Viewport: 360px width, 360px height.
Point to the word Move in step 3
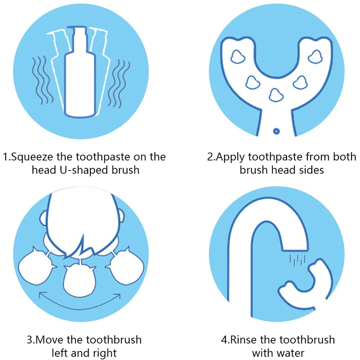tap(49, 340)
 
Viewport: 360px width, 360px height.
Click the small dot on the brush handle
tap(276, 131)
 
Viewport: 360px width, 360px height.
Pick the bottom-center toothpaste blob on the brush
tap(276, 94)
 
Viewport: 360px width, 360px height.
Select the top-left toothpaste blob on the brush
tap(238, 57)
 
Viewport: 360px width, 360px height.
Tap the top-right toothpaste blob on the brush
tap(315, 57)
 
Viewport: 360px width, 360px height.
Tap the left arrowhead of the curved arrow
tap(42, 295)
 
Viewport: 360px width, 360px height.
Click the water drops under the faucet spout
tap(298, 260)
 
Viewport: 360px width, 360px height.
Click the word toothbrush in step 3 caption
tap(104, 340)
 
